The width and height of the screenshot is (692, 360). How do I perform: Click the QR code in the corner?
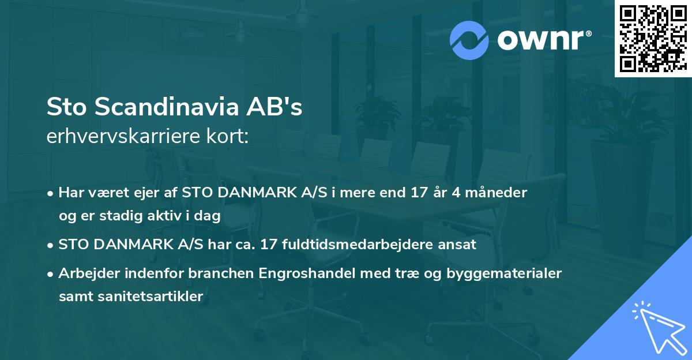[x=653, y=38]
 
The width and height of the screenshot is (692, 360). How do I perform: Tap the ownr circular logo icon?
[x=469, y=40]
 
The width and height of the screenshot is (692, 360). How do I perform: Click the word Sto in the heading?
[x=66, y=108]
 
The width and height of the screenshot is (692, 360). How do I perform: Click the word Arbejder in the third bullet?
[x=86, y=273]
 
